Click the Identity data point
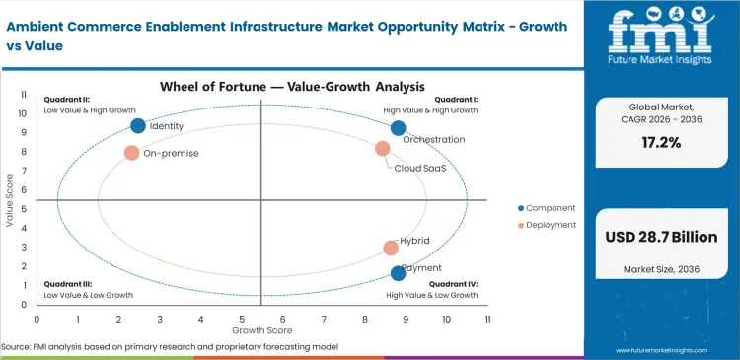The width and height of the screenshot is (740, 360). click(138, 125)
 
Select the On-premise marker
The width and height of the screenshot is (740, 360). click(132, 153)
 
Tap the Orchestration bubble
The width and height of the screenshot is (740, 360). click(398, 128)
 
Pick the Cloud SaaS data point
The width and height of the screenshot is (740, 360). click(383, 149)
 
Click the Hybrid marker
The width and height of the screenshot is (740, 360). click(391, 248)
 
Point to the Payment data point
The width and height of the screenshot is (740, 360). click(398, 273)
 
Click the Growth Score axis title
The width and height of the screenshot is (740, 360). click(261, 329)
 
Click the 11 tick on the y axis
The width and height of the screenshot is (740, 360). click(24, 96)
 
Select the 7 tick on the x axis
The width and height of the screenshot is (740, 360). click(324, 320)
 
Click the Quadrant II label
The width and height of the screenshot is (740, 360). click(66, 100)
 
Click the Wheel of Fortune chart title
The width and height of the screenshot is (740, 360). click(261, 87)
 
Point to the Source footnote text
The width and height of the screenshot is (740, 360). click(170, 347)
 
